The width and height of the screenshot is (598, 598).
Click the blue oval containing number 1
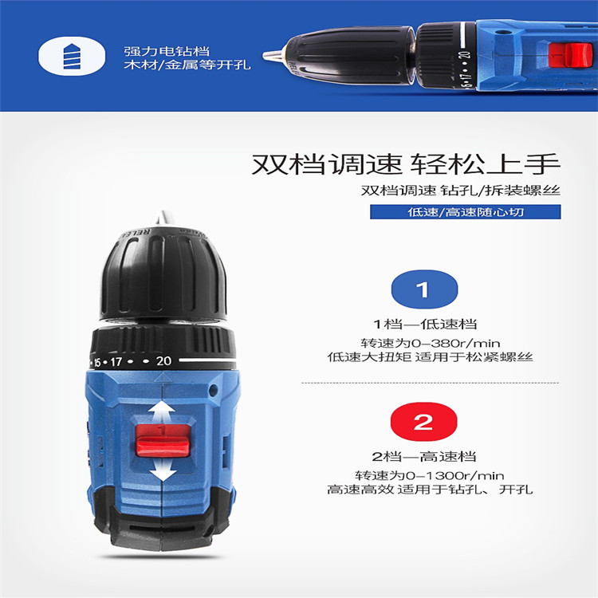424,289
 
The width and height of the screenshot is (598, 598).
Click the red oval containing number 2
423,422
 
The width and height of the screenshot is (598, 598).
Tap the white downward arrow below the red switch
163,469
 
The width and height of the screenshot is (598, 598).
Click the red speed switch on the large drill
163,440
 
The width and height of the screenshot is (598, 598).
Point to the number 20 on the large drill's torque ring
163,360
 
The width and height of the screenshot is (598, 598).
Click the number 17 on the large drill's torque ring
116,361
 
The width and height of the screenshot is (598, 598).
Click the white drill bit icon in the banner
72,56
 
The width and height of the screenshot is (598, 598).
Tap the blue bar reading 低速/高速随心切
466,211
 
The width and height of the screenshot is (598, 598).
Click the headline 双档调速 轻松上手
406,164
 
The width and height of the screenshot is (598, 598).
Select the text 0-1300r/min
454,475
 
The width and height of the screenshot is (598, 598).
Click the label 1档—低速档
425,325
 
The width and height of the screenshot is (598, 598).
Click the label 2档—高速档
424,457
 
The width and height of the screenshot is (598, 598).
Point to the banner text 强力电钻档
167,51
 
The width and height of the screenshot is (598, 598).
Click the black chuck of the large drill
164,274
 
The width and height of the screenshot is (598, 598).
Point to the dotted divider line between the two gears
431,383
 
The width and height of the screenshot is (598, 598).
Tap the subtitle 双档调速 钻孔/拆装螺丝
461,190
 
